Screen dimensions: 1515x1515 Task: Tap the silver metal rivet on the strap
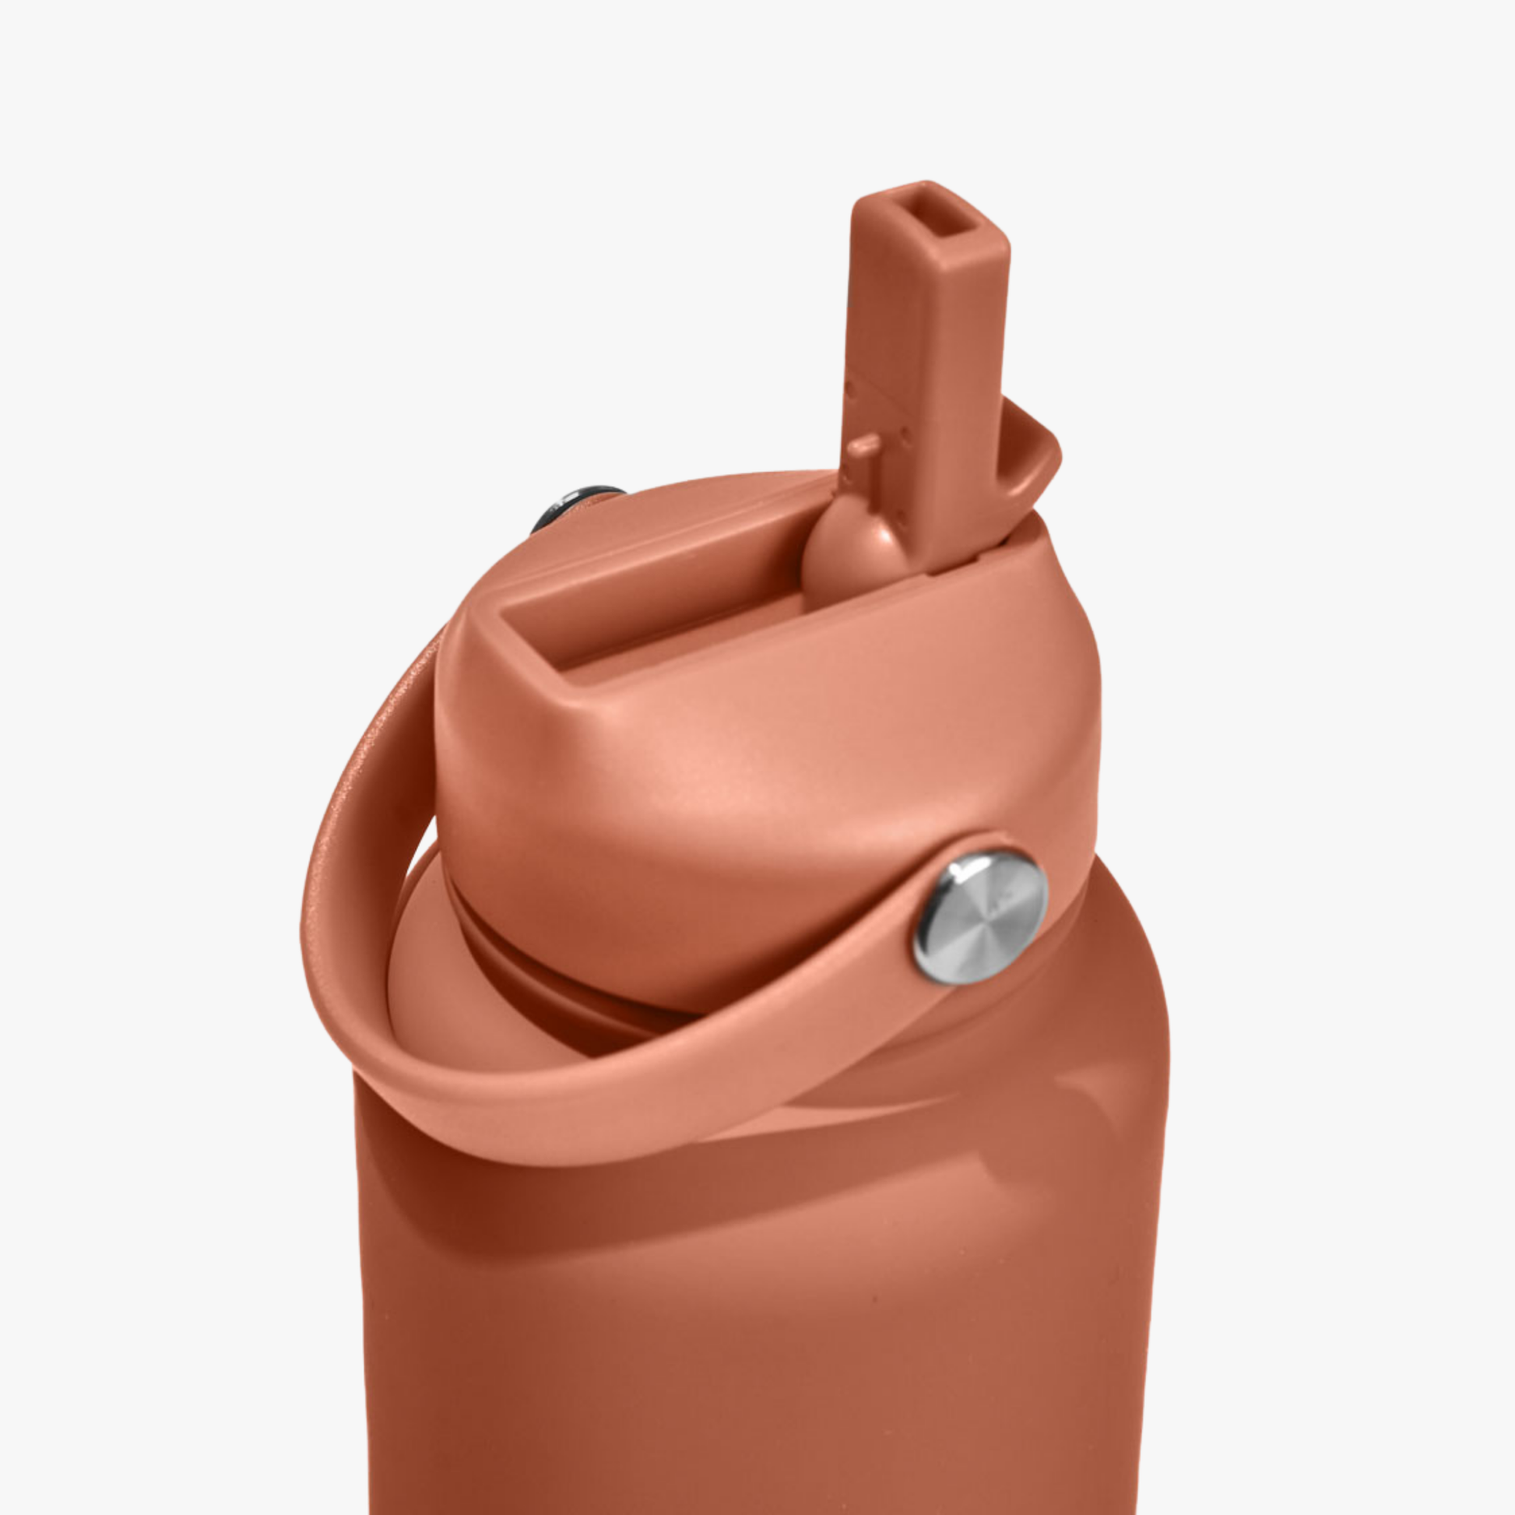[980, 917]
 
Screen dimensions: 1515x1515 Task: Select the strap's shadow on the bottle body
[706, 1176]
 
